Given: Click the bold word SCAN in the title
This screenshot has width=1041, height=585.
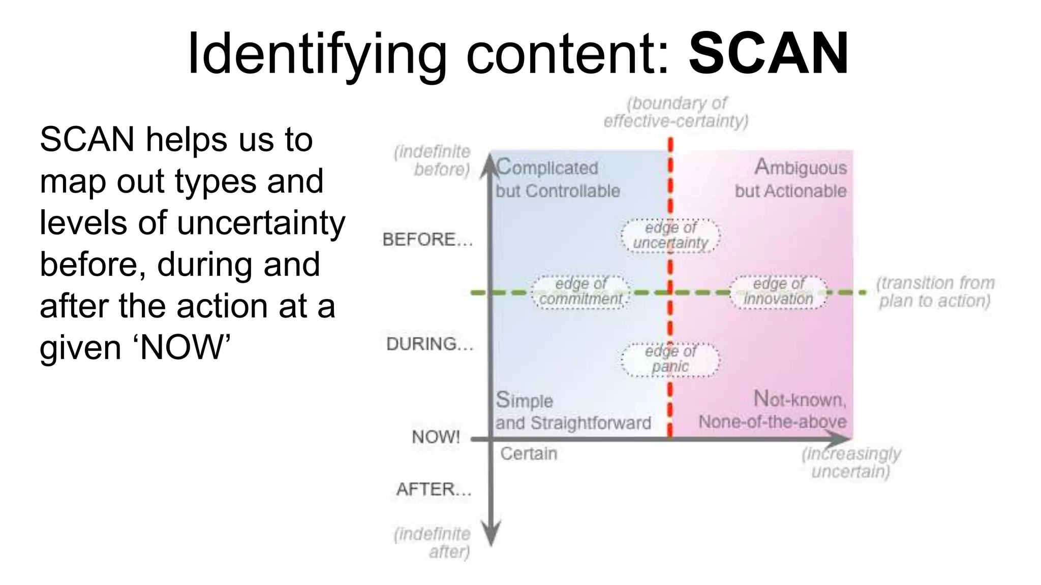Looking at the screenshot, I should click(x=769, y=53).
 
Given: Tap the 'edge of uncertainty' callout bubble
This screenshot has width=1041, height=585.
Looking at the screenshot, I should click(x=670, y=236).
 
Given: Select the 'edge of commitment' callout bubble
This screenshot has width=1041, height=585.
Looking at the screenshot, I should click(x=580, y=292).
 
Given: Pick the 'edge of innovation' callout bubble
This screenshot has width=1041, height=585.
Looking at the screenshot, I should click(x=779, y=292).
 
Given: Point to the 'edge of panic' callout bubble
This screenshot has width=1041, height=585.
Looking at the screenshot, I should click(x=670, y=359).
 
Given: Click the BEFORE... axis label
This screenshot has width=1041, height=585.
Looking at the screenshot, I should click(x=427, y=239).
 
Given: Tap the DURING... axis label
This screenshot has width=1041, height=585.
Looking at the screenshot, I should click(x=430, y=344).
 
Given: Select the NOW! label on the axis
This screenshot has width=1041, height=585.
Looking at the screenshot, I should click(x=436, y=437).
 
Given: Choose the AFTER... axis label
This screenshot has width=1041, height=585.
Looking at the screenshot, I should click(x=434, y=489).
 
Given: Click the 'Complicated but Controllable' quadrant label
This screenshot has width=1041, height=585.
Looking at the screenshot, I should click(x=558, y=179).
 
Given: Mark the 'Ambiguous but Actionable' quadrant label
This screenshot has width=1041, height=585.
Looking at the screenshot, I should click(x=791, y=179).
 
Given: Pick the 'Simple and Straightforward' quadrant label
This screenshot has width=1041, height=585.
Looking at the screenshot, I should click(x=573, y=411).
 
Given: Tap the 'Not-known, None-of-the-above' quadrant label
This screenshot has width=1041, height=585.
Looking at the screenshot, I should click(x=773, y=410).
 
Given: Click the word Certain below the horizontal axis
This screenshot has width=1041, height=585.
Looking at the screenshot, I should click(x=529, y=453).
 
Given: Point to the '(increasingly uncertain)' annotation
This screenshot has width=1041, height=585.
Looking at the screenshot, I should click(x=851, y=463).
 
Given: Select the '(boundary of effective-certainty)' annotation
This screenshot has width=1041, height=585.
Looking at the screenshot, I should click(x=676, y=112).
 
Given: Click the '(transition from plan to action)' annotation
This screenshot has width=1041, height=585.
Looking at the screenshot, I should click(x=935, y=292).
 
